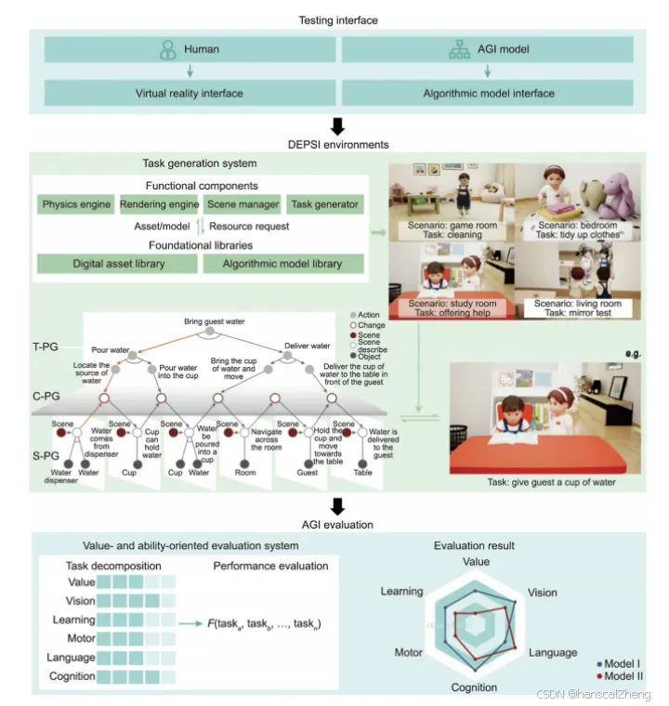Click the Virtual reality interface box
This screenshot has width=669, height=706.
click(189, 93)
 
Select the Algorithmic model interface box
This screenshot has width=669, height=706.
click(488, 93)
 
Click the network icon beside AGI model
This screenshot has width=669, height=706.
click(460, 49)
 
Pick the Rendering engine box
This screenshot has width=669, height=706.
click(158, 204)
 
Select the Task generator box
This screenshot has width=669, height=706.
click(323, 204)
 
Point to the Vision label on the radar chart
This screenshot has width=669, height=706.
click(543, 592)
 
